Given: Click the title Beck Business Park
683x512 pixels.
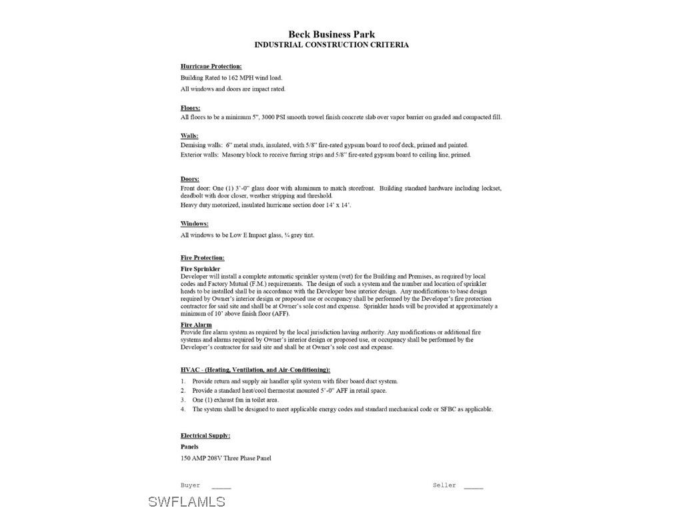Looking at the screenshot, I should [x=331, y=34].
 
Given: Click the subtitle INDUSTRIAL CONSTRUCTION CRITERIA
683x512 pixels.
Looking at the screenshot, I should [x=331, y=45].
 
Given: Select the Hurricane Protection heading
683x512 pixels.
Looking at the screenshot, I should [x=211, y=67].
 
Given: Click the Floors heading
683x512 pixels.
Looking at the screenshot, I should [x=190, y=108].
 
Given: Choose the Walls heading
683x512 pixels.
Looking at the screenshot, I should [x=189, y=136].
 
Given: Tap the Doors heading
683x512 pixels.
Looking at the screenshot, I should [x=189, y=179].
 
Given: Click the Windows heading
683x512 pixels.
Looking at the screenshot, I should [x=194, y=224].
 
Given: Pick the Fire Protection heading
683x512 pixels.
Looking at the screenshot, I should [x=202, y=258].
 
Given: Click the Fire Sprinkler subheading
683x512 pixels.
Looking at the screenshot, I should [x=200, y=269].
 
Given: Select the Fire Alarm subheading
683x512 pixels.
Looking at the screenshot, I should [x=196, y=325].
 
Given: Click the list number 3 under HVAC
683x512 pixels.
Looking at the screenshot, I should [x=182, y=400].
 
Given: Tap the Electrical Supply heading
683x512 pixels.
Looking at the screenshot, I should [x=205, y=436].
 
